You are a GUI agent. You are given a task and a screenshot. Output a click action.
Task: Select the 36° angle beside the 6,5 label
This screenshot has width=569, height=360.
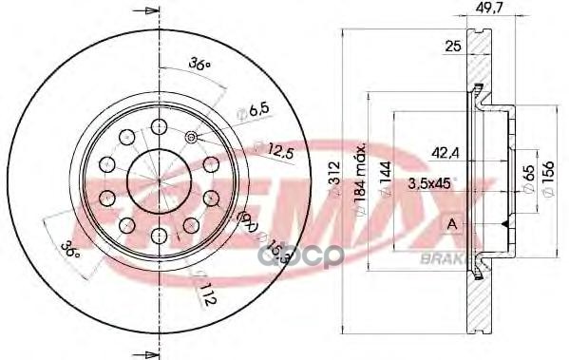tap(199, 65)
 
